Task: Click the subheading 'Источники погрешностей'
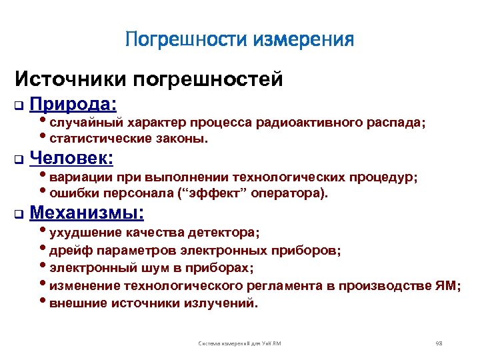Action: [149, 79]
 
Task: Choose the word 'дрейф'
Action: [69, 251]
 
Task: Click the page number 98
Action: [439, 343]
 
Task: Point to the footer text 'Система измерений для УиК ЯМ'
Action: [240, 343]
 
